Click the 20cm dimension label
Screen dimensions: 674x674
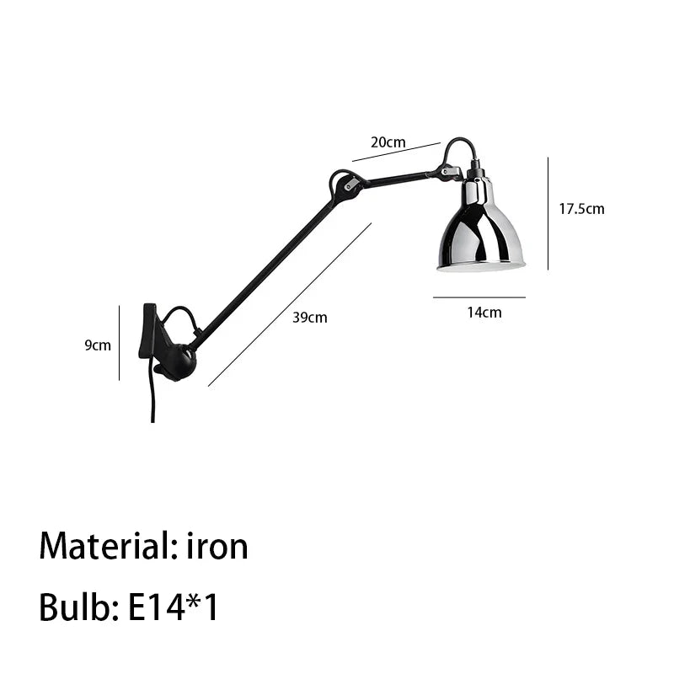coord(388,142)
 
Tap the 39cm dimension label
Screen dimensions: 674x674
coord(309,318)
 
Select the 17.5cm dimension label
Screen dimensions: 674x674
coord(581,209)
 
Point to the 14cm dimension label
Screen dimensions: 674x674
coord(484,313)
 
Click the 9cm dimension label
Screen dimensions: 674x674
coord(98,345)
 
